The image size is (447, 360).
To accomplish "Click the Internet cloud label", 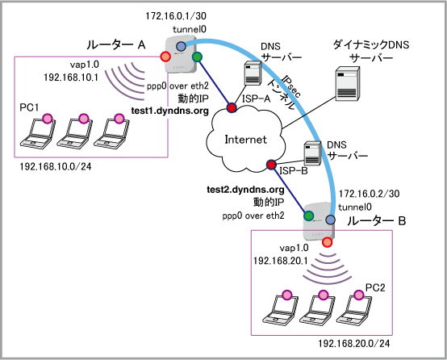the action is click(246, 140).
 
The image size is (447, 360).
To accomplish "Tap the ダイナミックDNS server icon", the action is click(347, 84).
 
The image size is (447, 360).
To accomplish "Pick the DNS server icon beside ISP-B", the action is click(312, 153).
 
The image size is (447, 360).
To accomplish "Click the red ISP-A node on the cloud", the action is click(232, 107).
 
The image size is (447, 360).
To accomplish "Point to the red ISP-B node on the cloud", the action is click(271, 165).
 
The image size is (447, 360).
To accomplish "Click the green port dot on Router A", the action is click(197, 57).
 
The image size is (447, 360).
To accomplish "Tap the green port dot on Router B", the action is click(308, 216).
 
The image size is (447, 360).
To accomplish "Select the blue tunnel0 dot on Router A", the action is click(181, 46).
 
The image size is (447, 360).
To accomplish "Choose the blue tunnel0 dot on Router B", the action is click(330, 220).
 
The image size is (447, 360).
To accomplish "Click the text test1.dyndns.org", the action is click(170, 111).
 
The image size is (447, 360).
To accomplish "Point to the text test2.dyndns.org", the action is click(245, 190).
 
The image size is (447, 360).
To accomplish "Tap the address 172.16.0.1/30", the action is click(176, 16).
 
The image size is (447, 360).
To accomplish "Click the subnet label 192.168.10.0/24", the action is click(56, 166).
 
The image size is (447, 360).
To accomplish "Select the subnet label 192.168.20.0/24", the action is click(354, 344).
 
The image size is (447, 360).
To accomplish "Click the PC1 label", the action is click(29, 107).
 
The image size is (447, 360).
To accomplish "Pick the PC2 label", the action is click(375, 287).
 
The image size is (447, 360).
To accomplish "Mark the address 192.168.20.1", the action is click(280, 261).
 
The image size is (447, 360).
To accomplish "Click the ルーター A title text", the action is click(116, 44).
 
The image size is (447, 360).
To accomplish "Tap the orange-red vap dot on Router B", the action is click(327, 242).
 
